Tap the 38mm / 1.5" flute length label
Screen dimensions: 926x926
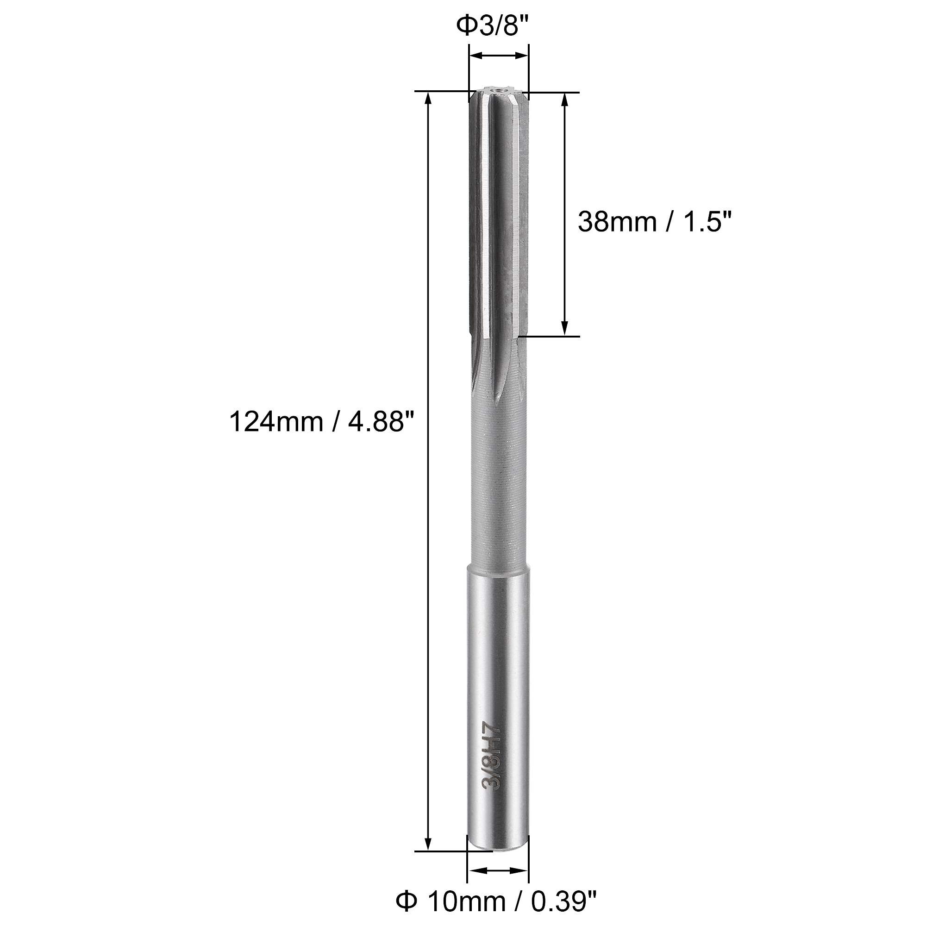click(x=655, y=222)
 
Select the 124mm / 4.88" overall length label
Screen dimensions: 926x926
click(x=322, y=422)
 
